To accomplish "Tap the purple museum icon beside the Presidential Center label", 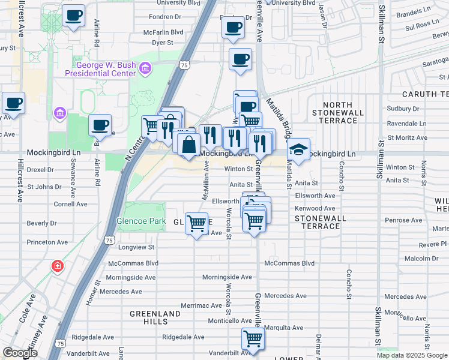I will [145, 69].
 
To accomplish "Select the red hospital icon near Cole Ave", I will [57, 265].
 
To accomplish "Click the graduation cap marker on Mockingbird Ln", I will [298, 150].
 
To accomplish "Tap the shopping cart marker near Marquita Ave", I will [253, 340].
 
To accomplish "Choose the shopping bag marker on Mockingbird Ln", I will [188, 145].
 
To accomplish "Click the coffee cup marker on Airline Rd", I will [100, 126].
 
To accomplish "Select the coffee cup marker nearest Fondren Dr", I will [233, 27].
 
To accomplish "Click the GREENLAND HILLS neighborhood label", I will [155, 318].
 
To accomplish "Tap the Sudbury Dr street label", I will [403, 109].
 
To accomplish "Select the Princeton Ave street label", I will [47, 242].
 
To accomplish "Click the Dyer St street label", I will [162, 43].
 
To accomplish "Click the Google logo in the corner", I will [20, 353].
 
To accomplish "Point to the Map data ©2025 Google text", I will [412, 355].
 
